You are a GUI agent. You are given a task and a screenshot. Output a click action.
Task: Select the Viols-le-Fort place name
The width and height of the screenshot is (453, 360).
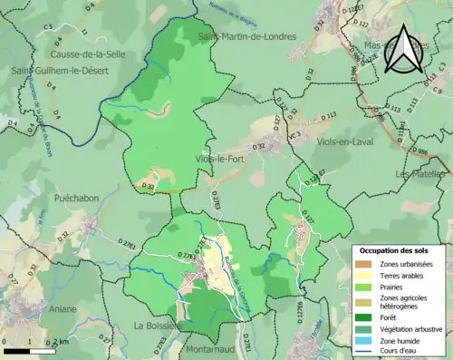point(219,160)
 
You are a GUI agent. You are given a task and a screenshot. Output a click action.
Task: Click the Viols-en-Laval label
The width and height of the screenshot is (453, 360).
point(346,142)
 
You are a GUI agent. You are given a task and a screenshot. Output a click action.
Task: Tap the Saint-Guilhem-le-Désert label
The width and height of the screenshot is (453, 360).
point(56,70)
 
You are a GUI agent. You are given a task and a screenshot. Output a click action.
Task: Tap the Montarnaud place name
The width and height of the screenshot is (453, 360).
point(214,348)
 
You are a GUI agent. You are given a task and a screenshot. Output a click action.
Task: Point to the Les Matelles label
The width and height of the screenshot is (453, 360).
point(423,174)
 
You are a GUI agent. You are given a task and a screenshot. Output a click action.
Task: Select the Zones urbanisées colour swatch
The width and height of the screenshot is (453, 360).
point(366,264)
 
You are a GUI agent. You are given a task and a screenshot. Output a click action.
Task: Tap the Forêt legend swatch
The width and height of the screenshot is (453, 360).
point(366,316)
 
